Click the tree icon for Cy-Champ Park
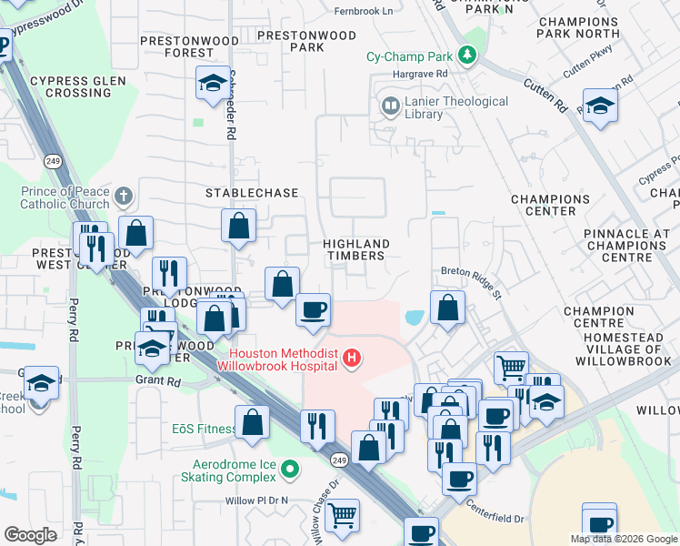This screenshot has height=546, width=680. pos(467,56)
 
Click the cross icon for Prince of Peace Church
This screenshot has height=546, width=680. pos(125,196)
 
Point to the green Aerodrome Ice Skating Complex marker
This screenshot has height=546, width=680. pos(290,470)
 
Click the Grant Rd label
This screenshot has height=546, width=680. pos(159,380)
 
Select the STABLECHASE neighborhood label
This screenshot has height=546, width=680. pos(252,194)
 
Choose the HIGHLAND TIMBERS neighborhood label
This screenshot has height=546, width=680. pos(357,250)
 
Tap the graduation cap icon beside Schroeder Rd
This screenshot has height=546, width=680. pos(212,84)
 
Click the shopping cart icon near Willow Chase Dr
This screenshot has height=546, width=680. pos(342,516)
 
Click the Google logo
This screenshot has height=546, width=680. pos(30,535)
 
